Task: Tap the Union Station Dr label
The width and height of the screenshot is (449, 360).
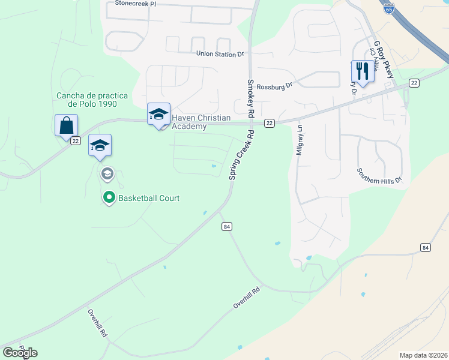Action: tap(220, 54)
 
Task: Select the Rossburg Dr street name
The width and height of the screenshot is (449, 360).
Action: tap(274, 86)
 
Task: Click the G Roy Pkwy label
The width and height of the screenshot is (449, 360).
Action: tap(384, 60)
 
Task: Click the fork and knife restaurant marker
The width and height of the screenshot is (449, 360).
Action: tap(361, 71)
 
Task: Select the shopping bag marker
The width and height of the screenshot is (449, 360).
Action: tap(66, 126)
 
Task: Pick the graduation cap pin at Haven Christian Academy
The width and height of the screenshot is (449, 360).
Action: tap(158, 114)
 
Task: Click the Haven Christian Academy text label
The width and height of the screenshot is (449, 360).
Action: tap(189, 122)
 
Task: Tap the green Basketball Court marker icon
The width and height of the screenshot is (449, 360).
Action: tap(109, 197)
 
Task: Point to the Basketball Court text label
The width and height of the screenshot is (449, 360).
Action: tap(149, 198)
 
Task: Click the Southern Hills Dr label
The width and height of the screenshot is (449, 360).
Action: tap(378, 175)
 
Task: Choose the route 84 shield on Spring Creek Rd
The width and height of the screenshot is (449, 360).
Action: tap(226, 226)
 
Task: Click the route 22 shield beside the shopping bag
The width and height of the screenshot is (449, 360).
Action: tap(75, 141)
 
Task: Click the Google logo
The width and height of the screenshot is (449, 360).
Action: tap(20, 353)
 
